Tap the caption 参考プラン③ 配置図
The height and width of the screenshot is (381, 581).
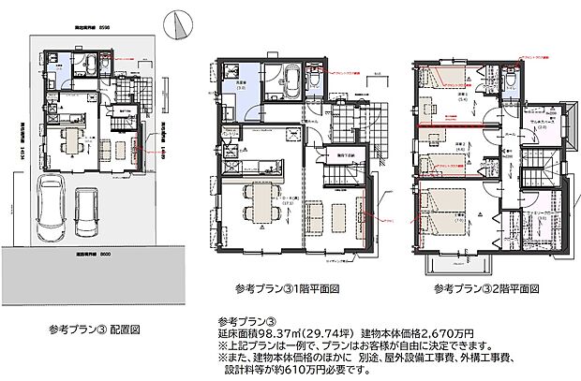click(95, 329)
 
